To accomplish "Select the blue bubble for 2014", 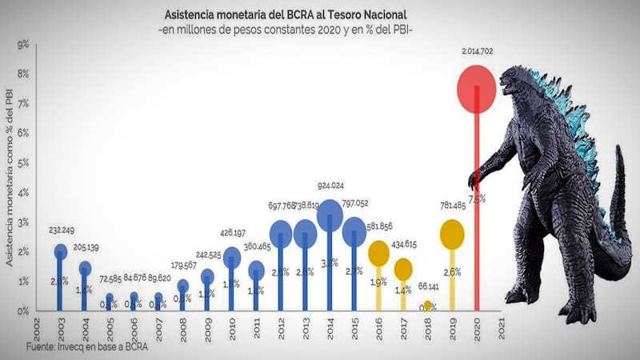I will pyautogui.click(x=330, y=217).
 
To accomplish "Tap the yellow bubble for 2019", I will pyautogui.click(x=452, y=234).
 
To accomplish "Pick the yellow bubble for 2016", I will pyautogui.click(x=378, y=253).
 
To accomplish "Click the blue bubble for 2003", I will pyautogui.click(x=60, y=252).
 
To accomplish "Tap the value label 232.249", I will pyautogui.click(x=60, y=230).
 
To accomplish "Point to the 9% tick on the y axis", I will pyautogui.click(x=24, y=45).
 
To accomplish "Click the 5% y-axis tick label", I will pyautogui.click(x=24, y=163).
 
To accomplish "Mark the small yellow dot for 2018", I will pyautogui.click(x=427, y=306).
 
